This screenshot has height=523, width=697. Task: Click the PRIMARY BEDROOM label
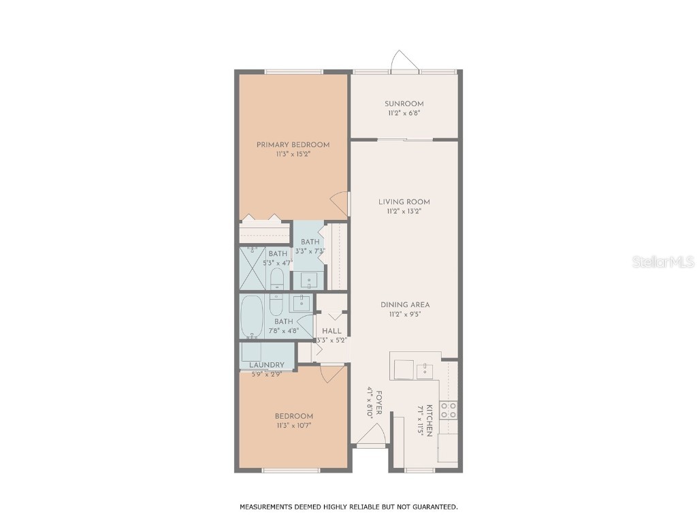pyautogui.click(x=293, y=144)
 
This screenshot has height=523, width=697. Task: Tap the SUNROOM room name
pyautogui.click(x=404, y=104)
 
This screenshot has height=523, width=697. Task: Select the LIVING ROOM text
pyautogui.click(x=404, y=202)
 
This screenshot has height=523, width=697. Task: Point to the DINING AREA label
pyautogui.click(x=405, y=304)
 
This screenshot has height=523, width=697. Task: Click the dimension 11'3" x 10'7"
pyautogui.click(x=293, y=426)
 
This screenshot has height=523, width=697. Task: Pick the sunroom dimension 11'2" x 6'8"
pyautogui.click(x=404, y=113)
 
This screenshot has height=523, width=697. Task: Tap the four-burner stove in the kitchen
pyautogui.click(x=449, y=409)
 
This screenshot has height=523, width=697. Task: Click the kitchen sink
pyautogui.click(x=425, y=370)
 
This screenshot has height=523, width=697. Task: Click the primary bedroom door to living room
pyautogui.click(x=339, y=202)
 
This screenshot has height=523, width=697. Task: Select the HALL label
pyautogui.click(x=331, y=331)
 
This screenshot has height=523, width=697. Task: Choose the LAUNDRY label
pyautogui.click(x=261, y=365)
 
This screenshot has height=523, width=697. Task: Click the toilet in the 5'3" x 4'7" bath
pyautogui.click(x=277, y=279)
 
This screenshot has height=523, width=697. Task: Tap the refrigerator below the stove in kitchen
pyautogui.click(x=448, y=447)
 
